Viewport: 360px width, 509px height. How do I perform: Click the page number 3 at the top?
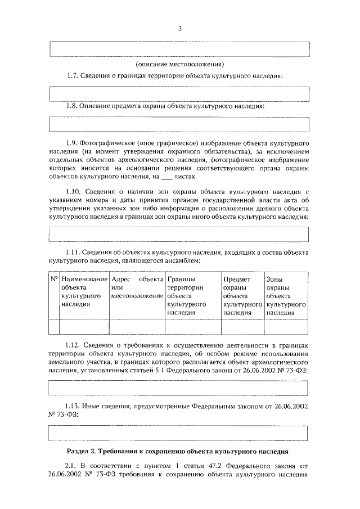pos(179,28)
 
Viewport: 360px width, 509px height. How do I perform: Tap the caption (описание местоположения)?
pos(179,64)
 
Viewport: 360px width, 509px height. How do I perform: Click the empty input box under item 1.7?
pos(179,93)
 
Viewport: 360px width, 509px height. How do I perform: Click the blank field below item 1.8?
pos(179,123)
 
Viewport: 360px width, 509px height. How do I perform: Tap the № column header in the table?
pos(55,279)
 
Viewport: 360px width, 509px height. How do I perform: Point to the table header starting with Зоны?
pos(286,295)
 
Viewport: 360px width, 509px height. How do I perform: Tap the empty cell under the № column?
pos(55,327)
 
